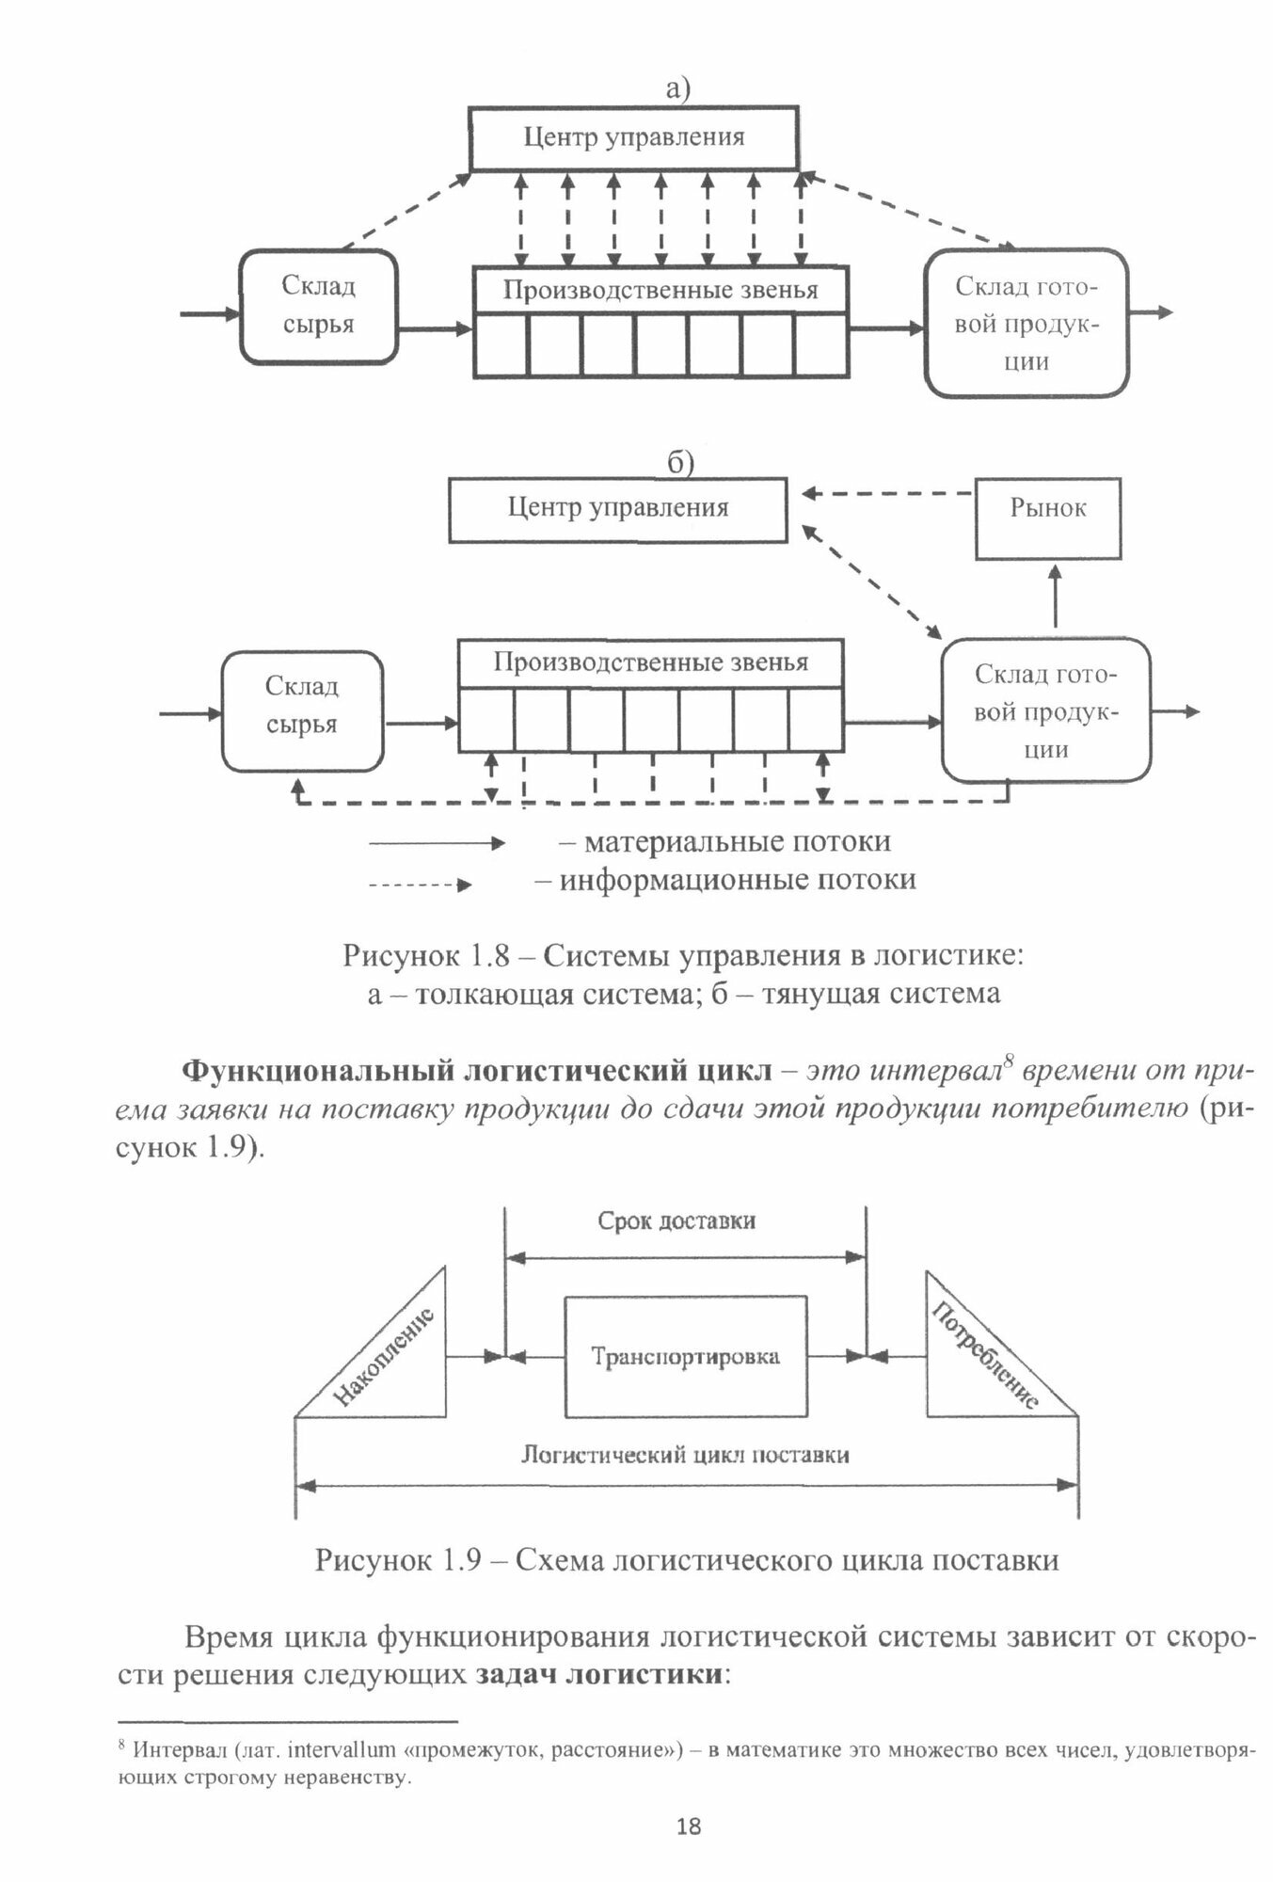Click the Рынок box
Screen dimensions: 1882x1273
(1048, 518)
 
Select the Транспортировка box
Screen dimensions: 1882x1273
(685, 1356)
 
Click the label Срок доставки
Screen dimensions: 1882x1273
(676, 1221)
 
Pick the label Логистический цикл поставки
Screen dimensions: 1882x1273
(685, 1455)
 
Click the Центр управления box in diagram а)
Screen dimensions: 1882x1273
(633, 138)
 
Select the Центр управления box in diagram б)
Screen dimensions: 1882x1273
(617, 509)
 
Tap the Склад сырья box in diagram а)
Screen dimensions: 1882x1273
(318, 307)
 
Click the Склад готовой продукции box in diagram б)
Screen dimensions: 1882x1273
(1045, 710)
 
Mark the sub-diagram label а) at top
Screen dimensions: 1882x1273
(677, 89)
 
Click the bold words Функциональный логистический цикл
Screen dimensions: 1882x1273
(475, 1072)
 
